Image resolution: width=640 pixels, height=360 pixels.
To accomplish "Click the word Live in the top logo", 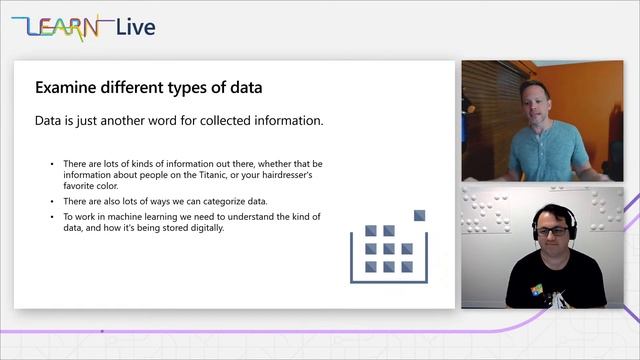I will point(135,27).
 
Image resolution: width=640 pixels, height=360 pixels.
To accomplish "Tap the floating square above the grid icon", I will point(420,215).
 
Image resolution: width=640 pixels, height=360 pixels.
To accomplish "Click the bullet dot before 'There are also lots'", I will point(53,201).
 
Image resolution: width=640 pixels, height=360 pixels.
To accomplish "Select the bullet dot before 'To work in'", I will point(53,215).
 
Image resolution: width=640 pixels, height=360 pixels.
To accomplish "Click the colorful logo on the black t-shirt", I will point(536,291).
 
